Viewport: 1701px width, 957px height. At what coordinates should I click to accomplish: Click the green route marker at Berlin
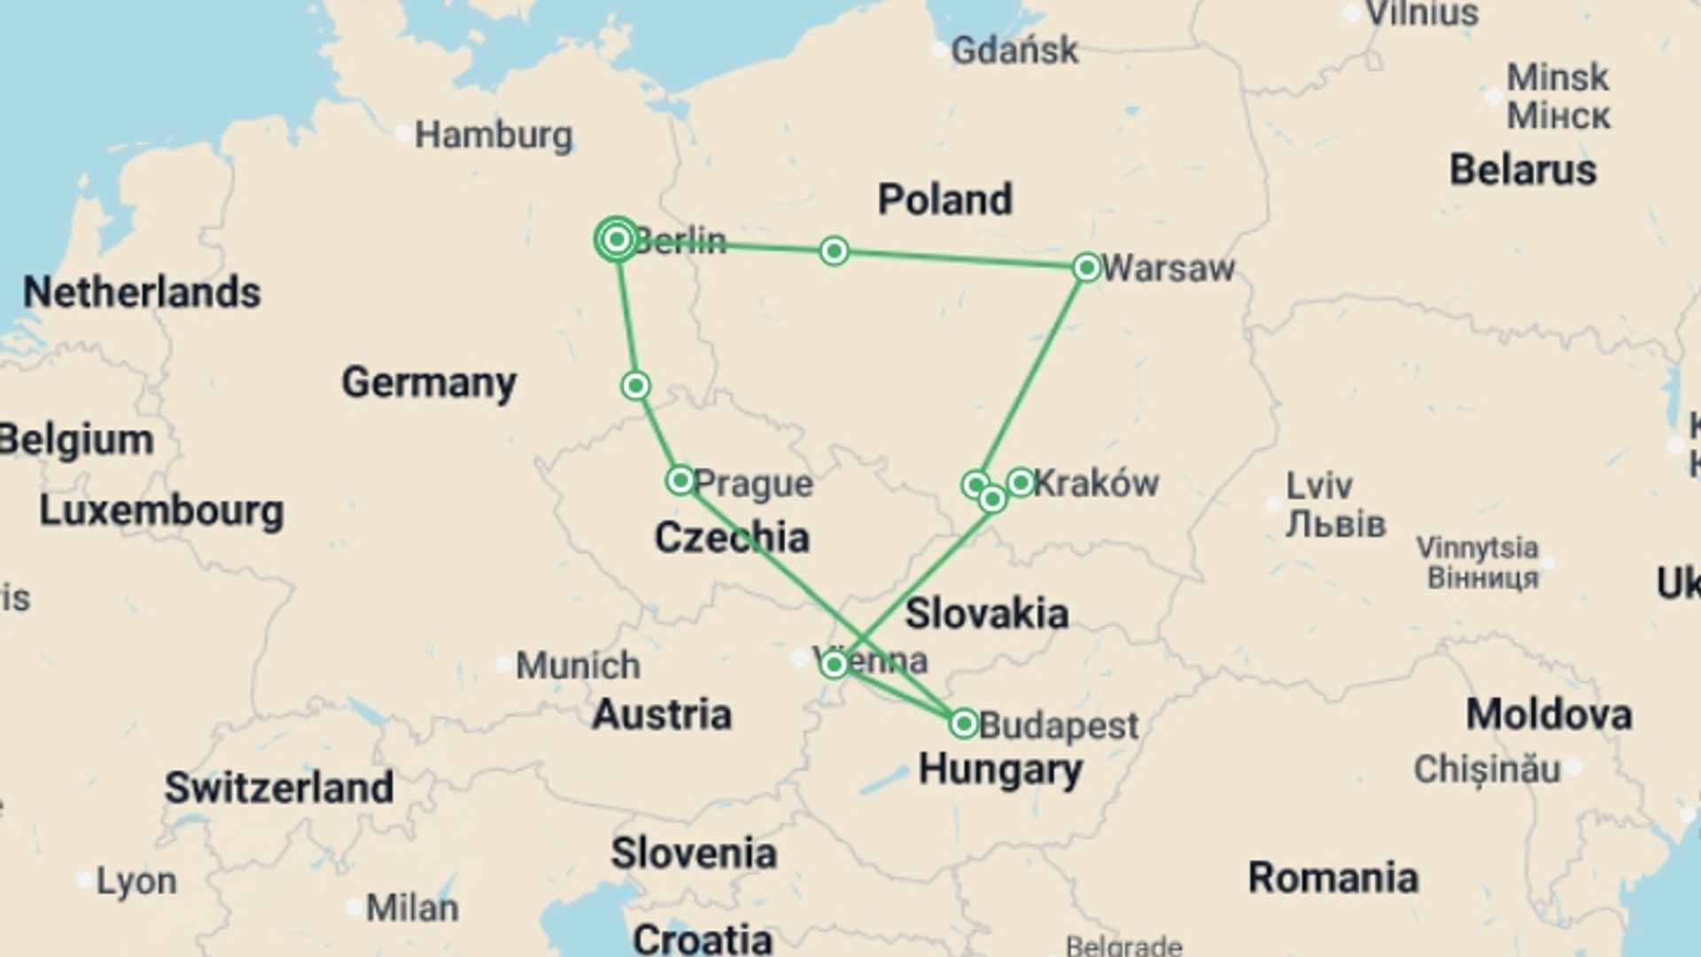(x=617, y=239)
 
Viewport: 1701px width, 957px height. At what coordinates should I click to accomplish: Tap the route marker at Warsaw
(x=1086, y=267)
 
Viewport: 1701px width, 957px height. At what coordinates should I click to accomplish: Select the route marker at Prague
(x=680, y=480)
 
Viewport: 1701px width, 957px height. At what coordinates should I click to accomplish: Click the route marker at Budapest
(x=963, y=724)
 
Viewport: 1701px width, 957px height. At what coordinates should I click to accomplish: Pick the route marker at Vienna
(x=834, y=665)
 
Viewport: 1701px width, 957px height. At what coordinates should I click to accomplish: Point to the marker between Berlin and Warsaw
(x=834, y=252)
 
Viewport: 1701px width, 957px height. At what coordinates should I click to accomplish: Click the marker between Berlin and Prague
(x=635, y=385)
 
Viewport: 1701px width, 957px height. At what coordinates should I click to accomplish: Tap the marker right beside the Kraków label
(x=1021, y=482)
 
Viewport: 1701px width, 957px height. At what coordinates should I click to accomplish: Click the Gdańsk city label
(x=1014, y=51)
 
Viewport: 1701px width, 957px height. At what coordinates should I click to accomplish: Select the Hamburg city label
(x=493, y=136)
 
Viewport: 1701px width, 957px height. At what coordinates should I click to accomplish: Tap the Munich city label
(x=578, y=665)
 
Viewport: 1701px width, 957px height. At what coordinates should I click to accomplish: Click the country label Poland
(x=944, y=199)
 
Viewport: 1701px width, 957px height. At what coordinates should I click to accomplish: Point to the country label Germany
(x=429, y=383)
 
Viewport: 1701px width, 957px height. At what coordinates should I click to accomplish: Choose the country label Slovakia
(x=987, y=613)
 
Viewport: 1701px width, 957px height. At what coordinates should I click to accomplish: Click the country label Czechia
(x=732, y=538)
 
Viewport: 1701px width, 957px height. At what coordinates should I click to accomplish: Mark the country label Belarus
(x=1522, y=170)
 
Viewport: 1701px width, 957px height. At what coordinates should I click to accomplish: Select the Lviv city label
(x=1319, y=486)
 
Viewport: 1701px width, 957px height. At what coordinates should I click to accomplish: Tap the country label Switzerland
(x=279, y=788)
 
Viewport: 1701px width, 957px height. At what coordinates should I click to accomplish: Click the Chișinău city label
(x=1487, y=769)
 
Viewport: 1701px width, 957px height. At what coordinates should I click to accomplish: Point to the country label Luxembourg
(x=161, y=511)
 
